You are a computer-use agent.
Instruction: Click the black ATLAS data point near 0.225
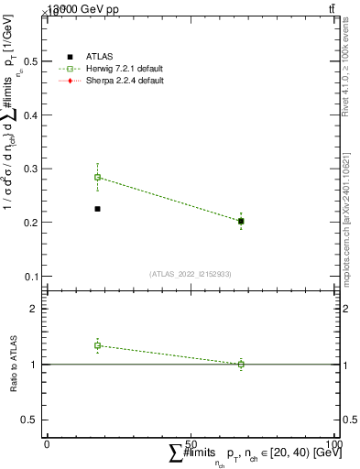[x=97, y=209]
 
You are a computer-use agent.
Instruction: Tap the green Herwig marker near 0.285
[x=97, y=177]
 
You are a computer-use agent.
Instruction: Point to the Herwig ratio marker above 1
[x=97, y=345]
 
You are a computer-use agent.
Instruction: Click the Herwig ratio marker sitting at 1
[x=241, y=365]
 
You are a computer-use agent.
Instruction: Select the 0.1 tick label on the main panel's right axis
[x=348, y=276]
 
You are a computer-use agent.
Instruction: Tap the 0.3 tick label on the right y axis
[x=348, y=169]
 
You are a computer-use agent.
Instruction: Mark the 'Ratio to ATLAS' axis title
[x=13, y=365]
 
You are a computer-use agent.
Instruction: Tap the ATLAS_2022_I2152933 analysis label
[x=190, y=273]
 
